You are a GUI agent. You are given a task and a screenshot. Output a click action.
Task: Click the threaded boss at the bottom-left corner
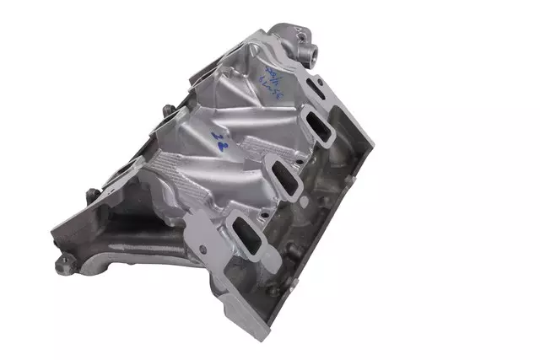tap(62, 262)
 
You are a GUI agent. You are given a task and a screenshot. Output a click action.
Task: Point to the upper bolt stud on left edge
tap(167, 110)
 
